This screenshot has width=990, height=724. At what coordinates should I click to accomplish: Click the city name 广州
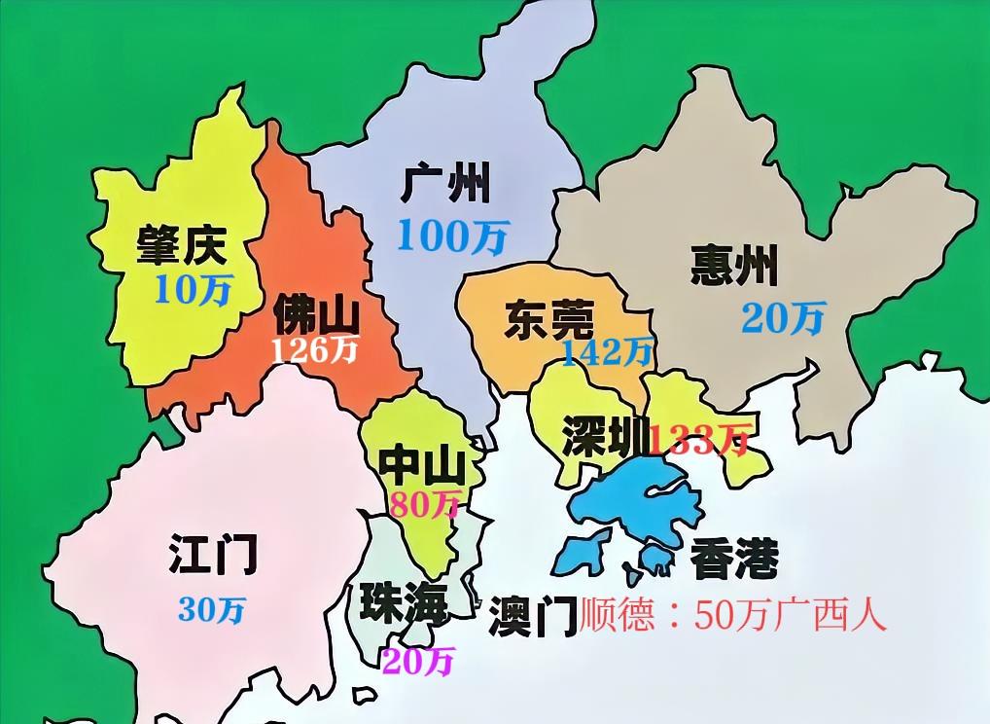pyautogui.click(x=444, y=183)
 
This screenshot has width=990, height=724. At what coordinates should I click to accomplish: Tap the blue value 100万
pyautogui.click(x=451, y=236)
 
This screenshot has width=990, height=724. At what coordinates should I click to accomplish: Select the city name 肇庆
pyautogui.click(x=181, y=246)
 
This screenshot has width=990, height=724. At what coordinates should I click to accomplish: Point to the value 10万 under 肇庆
pyautogui.click(x=192, y=289)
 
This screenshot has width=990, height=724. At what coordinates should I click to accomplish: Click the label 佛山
pyautogui.click(x=315, y=314)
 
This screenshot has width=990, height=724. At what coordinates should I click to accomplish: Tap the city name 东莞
pyautogui.click(x=549, y=320)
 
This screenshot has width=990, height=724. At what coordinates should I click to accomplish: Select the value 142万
pyautogui.click(x=606, y=352)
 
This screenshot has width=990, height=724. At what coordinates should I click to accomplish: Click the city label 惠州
pyautogui.click(x=734, y=266)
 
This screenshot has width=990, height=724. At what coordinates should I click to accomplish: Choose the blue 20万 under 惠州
pyautogui.click(x=783, y=317)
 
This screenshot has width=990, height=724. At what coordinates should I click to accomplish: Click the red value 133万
pyautogui.click(x=700, y=440)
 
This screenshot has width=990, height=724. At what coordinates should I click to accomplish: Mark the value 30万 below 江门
pyautogui.click(x=212, y=610)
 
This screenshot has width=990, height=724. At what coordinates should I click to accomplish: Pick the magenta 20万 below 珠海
pyautogui.click(x=418, y=662)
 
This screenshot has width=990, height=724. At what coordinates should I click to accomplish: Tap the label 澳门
pyautogui.click(x=533, y=615)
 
